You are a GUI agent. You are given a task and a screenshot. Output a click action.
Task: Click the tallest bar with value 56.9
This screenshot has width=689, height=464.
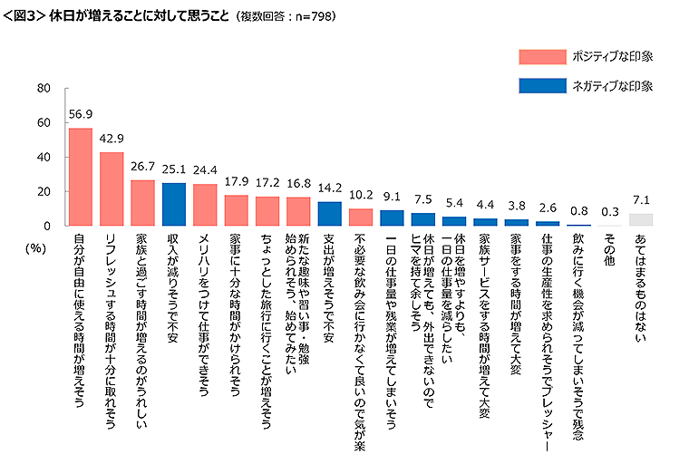point(81,177)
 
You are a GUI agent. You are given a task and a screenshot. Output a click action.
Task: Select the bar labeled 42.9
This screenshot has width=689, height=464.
point(112,188)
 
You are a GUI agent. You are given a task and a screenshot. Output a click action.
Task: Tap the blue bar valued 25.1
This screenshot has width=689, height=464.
point(174,204)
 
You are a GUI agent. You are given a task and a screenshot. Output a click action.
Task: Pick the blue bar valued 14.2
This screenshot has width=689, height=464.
point(330,214)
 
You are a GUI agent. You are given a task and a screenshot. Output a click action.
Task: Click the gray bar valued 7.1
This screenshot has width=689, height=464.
point(641,220)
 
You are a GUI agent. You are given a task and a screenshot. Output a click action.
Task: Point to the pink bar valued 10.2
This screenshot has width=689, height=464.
point(361,217)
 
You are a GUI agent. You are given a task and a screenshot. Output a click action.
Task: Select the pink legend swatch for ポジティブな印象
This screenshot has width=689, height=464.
point(540,56)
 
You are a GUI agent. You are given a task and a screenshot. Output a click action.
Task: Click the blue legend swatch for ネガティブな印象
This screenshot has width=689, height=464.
point(540,86)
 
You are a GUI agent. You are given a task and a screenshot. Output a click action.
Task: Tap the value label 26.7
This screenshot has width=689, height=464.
point(143,168)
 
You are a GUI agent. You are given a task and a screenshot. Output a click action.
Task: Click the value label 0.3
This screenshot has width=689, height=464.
point(609,213)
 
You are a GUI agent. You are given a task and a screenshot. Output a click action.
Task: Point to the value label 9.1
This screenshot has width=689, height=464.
point(392,198)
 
